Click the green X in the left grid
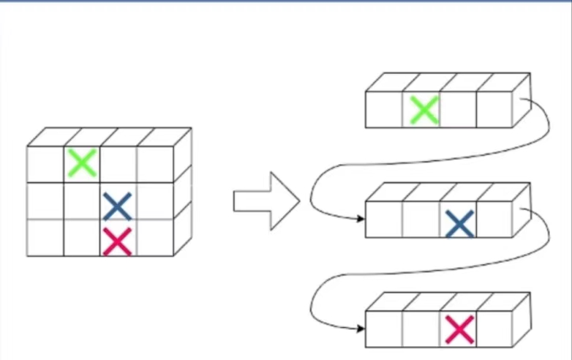[82, 163]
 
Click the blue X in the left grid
[117, 206]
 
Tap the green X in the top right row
[424, 110]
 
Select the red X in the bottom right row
[459, 329]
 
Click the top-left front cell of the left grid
[45, 164]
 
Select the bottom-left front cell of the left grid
[45, 238]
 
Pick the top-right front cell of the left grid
[155, 164]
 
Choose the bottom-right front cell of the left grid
[155, 238]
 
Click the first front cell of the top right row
[384, 110]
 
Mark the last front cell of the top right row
[495, 110]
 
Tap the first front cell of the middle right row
[384, 220]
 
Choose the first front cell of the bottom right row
[384, 329]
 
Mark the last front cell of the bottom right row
[495, 329]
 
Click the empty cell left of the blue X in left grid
[82, 201]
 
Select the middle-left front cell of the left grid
[45, 201]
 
